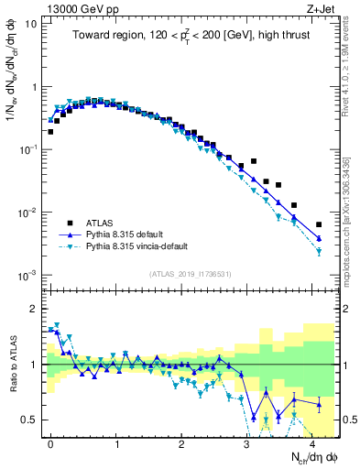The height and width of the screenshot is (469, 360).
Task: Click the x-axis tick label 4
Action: [x=312, y=442]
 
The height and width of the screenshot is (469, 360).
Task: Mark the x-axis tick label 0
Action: [x=50, y=442]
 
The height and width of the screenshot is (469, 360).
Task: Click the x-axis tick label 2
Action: [x=181, y=442]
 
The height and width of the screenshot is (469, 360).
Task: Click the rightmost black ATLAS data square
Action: [x=319, y=224]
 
